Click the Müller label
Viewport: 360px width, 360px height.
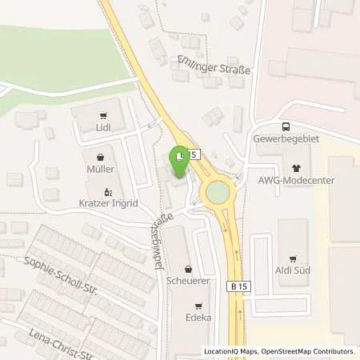101,170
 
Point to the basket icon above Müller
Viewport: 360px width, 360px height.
101,157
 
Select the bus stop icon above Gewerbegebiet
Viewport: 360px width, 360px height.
286,126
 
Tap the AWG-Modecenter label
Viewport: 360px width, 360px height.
297,182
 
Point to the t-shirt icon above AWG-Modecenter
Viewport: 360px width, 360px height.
297,169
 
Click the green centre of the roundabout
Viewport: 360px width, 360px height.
217,193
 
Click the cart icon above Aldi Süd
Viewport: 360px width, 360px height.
292,258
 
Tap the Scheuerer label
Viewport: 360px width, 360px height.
188,282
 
